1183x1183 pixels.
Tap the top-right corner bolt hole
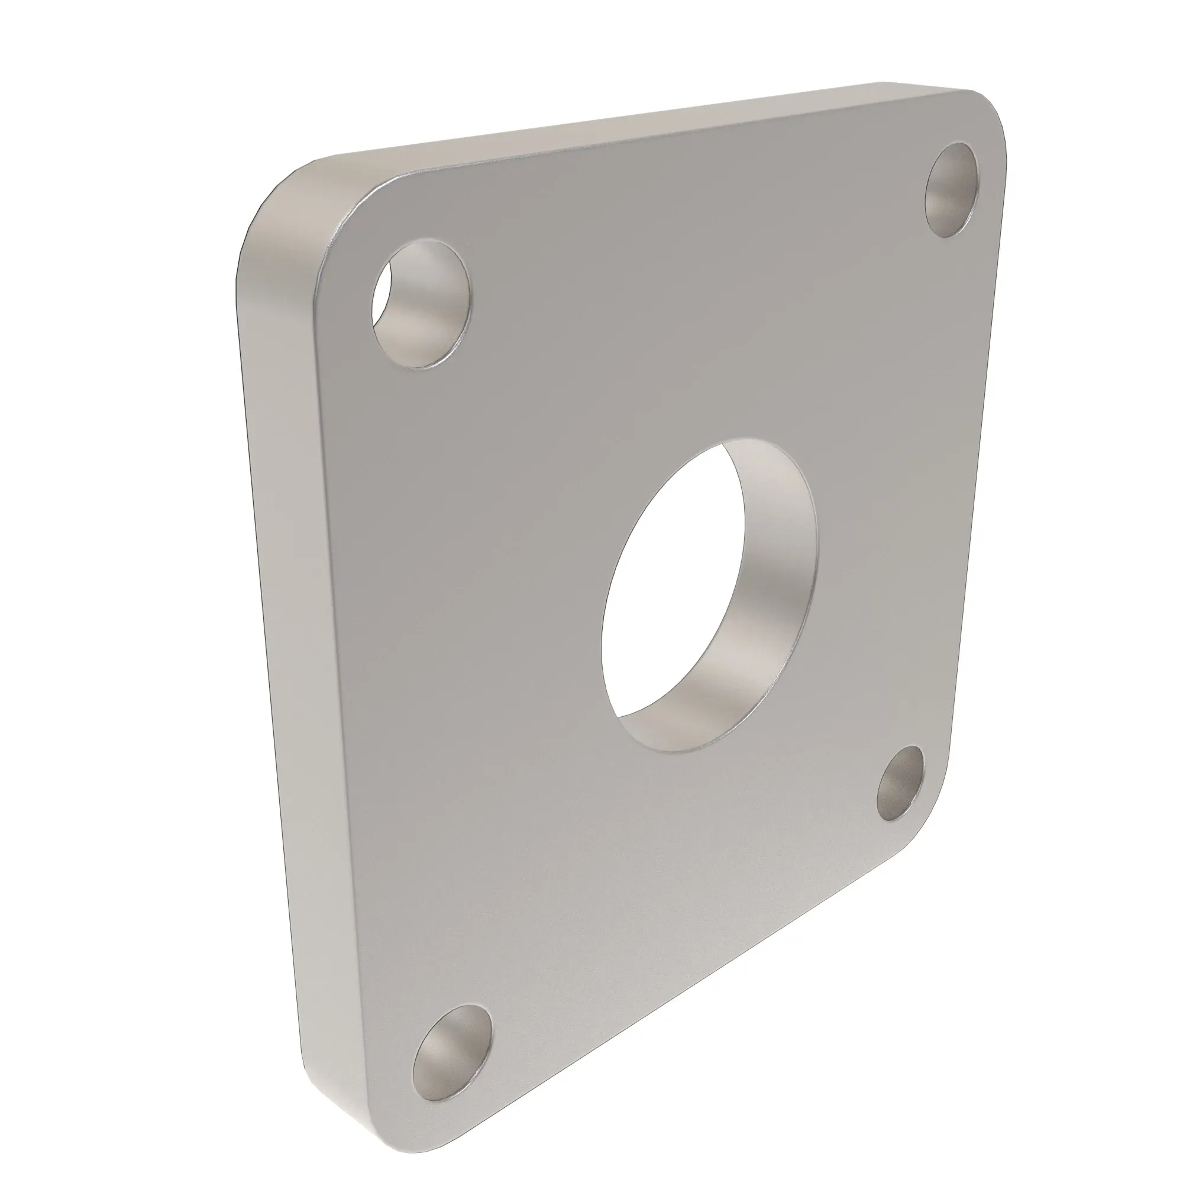tap(951, 190)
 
